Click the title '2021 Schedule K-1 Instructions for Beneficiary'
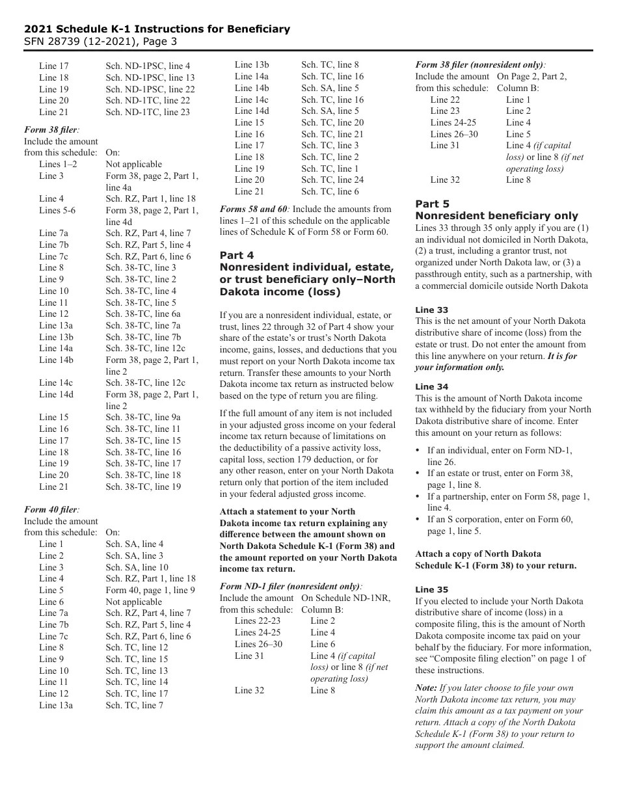(157, 29)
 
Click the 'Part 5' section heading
(433, 204)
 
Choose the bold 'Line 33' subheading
(432, 310)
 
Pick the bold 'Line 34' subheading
(432, 386)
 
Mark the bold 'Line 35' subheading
(432, 590)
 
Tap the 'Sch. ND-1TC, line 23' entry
(148, 112)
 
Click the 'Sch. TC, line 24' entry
(332, 180)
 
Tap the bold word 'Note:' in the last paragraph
(426, 687)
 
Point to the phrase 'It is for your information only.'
(496, 362)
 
